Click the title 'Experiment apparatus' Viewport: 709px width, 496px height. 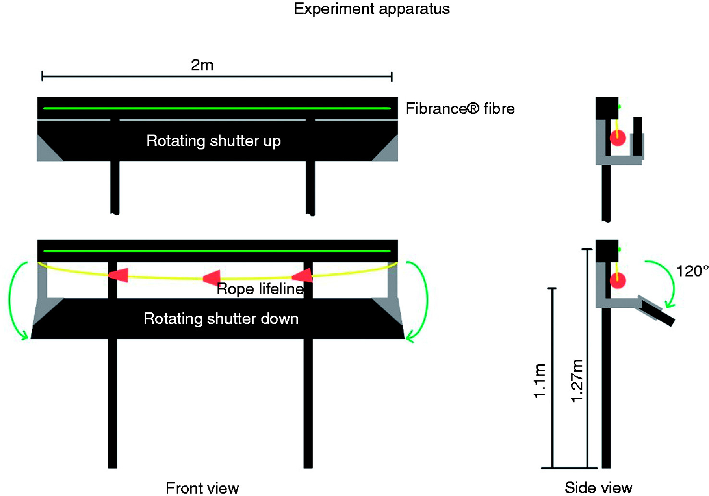click(371, 9)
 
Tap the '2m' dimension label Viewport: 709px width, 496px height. click(202, 65)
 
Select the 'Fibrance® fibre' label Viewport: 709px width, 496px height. click(460, 109)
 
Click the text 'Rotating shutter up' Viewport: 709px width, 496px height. click(213, 141)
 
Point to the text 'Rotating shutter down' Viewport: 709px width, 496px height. click(221, 319)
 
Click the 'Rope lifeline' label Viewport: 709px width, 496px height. click(260, 289)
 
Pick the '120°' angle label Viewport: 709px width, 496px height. click(692, 271)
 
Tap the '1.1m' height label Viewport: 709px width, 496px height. click(540, 381)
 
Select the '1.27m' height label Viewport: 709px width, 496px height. click(577, 381)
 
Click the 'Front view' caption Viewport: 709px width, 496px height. click(202, 488)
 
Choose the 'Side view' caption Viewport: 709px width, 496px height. click(598, 488)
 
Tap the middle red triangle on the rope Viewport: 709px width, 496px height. click(212, 278)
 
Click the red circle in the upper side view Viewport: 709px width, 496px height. click(618, 138)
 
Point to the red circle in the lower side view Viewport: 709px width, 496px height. click(618, 281)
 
